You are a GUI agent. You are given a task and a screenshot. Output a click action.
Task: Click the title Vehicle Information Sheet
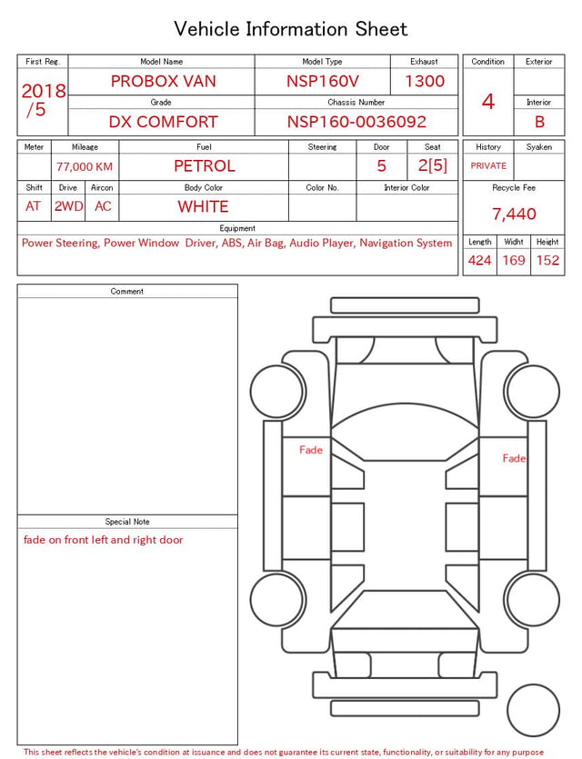click(x=290, y=29)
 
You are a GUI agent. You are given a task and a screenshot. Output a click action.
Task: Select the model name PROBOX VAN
click(x=163, y=81)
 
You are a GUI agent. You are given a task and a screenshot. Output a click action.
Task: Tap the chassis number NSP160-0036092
click(x=356, y=122)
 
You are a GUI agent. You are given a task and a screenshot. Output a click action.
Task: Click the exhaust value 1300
click(x=424, y=81)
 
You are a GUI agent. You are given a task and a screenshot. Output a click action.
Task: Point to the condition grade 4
click(x=488, y=102)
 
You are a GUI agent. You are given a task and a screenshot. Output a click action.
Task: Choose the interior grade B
click(x=539, y=122)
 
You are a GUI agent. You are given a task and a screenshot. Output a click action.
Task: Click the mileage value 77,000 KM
click(x=85, y=167)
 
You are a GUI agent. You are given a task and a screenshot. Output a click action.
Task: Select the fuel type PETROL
click(x=205, y=166)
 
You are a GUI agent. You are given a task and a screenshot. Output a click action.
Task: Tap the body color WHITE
click(x=203, y=206)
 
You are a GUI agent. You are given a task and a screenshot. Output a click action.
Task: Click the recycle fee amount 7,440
click(x=514, y=214)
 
